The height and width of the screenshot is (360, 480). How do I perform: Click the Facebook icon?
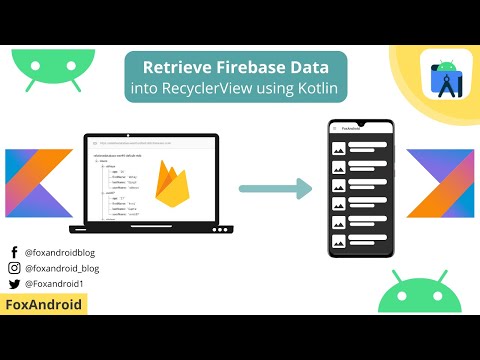[x=14, y=252]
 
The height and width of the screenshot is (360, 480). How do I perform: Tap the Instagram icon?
[x=14, y=268]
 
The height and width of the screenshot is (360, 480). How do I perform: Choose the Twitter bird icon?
[x=14, y=283]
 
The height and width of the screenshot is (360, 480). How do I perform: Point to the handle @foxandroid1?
[x=56, y=283]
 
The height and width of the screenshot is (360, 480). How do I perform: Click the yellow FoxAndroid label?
[x=44, y=304]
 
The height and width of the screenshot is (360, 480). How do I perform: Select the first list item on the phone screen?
[x=361, y=148]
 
